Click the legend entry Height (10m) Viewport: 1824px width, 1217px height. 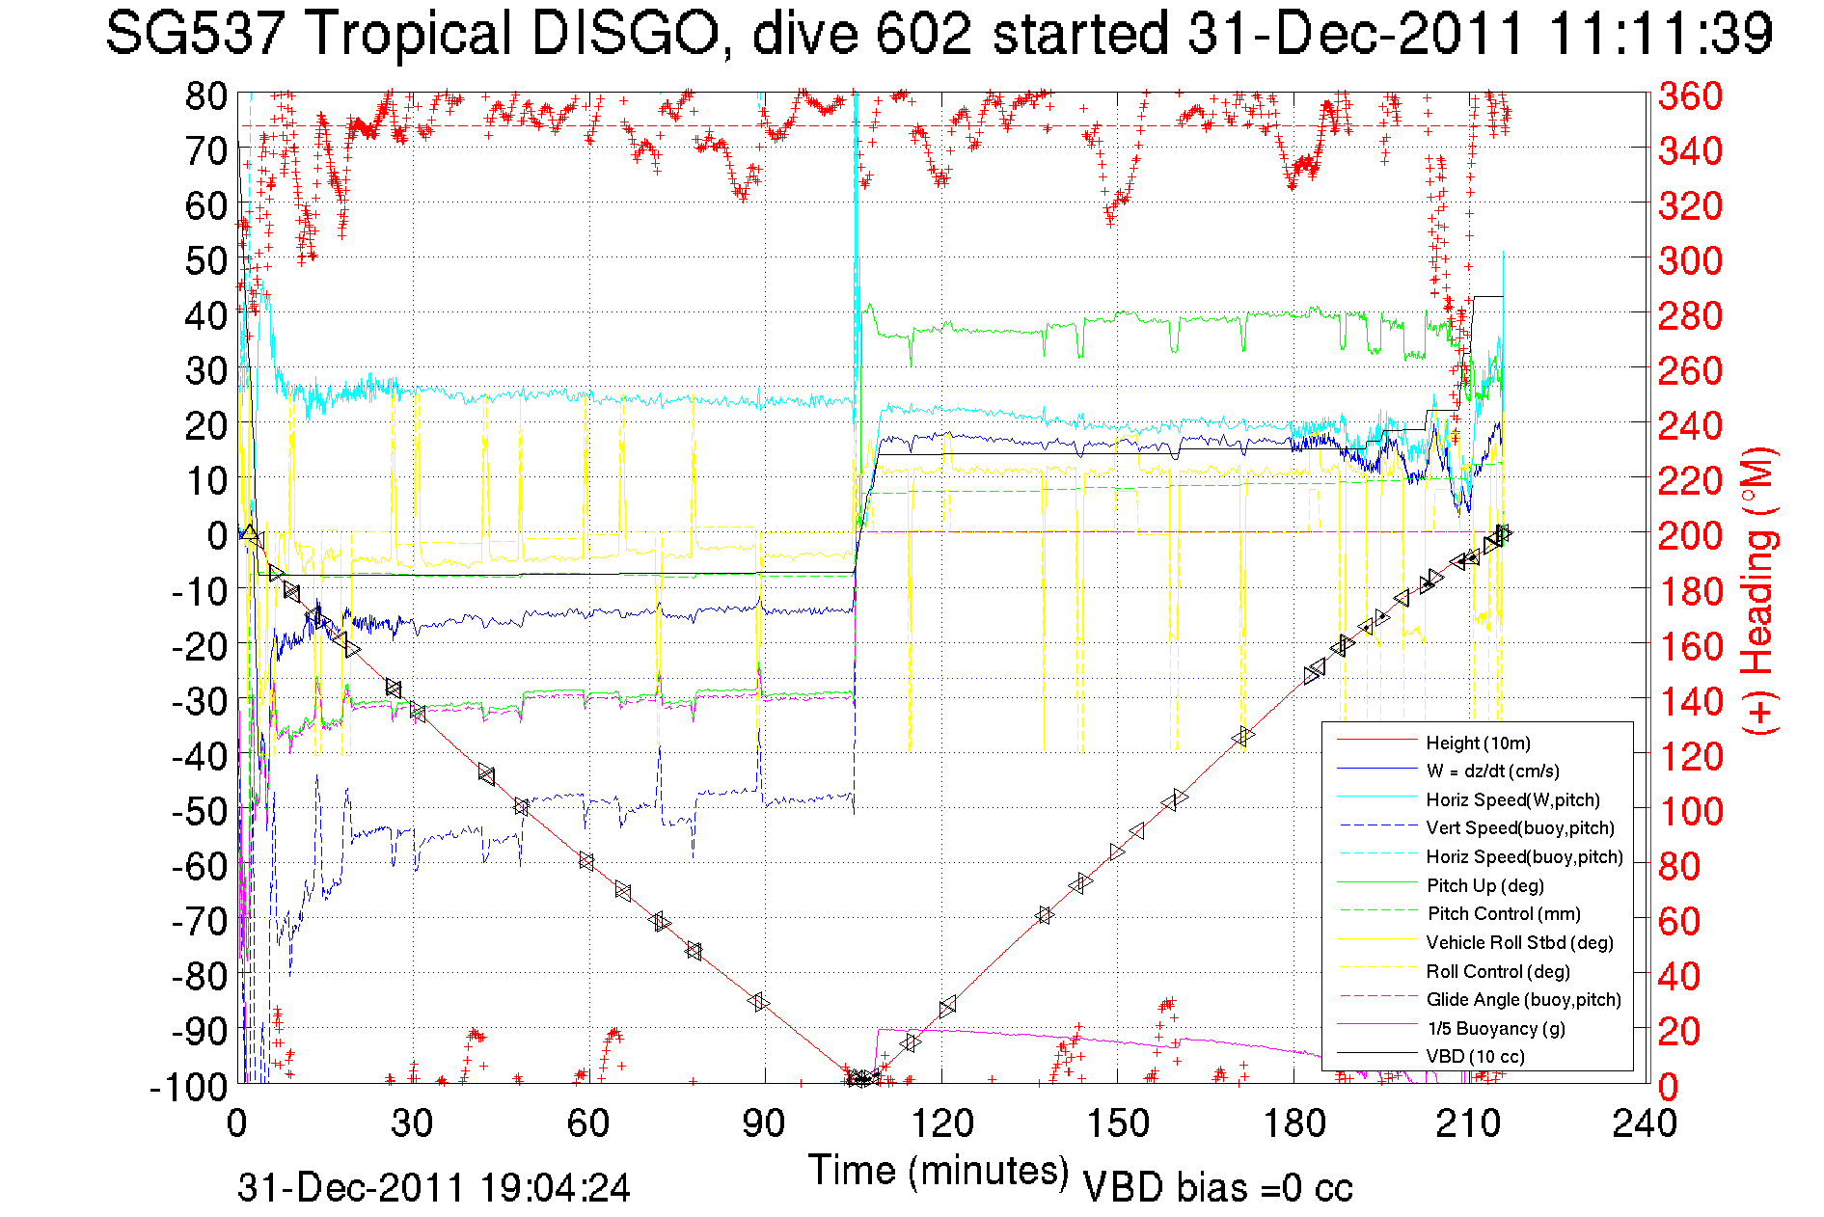click(1477, 743)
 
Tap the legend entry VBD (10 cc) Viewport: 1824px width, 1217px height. click(1475, 1056)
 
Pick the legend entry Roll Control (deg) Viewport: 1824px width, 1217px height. click(1497, 971)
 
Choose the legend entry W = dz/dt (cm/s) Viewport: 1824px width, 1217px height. click(1492, 771)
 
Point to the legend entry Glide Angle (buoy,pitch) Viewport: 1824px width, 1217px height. click(1523, 999)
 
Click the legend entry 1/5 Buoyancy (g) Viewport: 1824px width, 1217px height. click(1495, 1028)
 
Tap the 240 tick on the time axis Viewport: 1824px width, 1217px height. click(1645, 1122)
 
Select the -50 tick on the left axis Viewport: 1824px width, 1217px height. click(201, 811)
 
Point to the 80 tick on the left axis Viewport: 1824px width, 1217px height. click(206, 95)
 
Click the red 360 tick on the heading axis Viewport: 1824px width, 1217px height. click(1690, 95)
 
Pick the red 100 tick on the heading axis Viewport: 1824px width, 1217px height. click(1690, 811)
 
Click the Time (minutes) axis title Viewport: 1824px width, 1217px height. click(939, 1171)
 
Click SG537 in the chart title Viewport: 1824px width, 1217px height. click(195, 34)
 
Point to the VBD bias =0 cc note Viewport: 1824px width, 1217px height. click(1217, 1188)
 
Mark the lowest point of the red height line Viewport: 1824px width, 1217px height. click(858, 1079)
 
